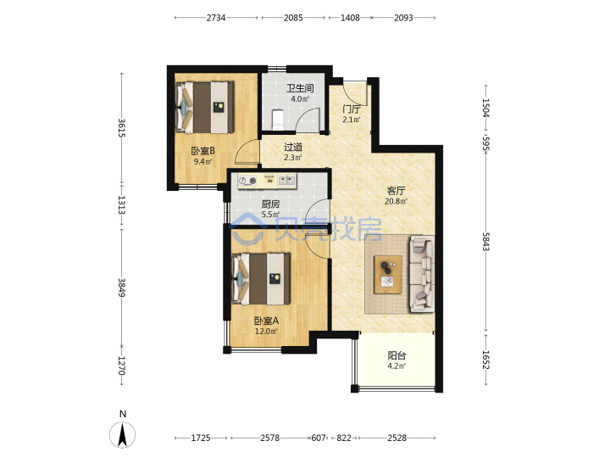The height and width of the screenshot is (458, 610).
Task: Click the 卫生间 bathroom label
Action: point(300,88)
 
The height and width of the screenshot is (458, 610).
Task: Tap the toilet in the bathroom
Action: point(277,120)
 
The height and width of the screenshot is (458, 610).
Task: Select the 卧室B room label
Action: point(202,151)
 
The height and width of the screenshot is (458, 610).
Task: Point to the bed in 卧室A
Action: point(261,279)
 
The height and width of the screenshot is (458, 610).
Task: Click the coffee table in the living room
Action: point(388,275)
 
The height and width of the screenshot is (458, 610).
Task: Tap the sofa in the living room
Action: point(421,274)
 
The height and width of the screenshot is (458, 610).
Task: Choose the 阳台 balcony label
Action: point(396,355)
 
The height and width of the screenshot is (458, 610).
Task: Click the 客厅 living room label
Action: point(396,191)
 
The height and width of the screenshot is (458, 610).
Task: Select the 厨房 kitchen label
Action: point(270,204)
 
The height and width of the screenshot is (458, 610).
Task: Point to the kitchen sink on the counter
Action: point(287,181)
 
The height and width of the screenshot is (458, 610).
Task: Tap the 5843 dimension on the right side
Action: point(486,242)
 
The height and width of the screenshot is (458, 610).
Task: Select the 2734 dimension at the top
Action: point(216,18)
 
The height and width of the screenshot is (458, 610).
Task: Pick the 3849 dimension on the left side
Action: point(121,287)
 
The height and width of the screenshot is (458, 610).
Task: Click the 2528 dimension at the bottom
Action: point(396,438)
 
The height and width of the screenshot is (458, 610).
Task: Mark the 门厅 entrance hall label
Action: point(352,109)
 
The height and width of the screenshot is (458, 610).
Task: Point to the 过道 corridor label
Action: point(293,147)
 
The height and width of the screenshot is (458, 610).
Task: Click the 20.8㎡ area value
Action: point(396,201)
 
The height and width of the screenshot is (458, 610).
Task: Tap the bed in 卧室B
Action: point(205,107)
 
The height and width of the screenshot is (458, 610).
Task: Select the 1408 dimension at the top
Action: point(350,18)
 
